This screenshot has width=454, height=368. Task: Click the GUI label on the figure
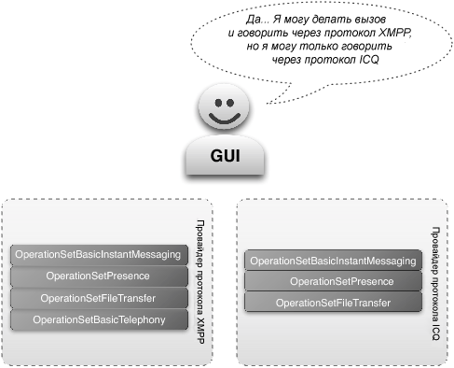(x=225, y=155)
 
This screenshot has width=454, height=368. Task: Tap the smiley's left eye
(x=218, y=103)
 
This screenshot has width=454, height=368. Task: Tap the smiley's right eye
(x=230, y=103)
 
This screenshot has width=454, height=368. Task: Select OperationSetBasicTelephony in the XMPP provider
(x=99, y=319)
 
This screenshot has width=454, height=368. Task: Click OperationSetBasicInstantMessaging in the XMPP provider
(x=99, y=255)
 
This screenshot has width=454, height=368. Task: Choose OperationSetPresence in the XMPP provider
(x=99, y=276)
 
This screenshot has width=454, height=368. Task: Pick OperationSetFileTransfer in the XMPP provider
(x=99, y=298)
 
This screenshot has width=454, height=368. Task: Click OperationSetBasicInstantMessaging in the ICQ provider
(x=333, y=261)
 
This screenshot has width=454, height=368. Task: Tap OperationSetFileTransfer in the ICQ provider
(x=333, y=303)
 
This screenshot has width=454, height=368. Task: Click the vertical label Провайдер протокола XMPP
(x=200, y=282)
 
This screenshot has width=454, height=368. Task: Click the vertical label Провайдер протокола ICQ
(x=435, y=283)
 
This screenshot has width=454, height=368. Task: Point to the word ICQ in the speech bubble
(x=369, y=59)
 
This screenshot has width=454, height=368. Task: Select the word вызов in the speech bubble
(x=370, y=20)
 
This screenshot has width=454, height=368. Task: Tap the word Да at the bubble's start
(x=255, y=20)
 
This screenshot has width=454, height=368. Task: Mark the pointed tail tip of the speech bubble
(x=267, y=103)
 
